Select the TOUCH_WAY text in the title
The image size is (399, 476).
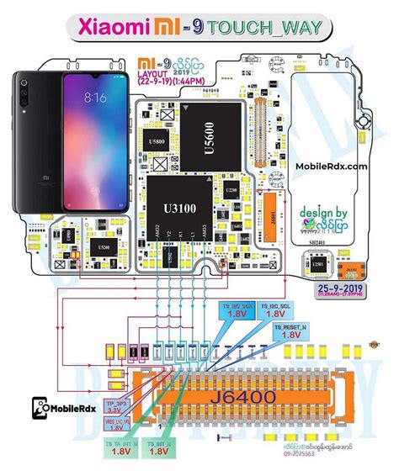tap(277, 29)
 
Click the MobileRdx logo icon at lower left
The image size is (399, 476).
tap(40, 409)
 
